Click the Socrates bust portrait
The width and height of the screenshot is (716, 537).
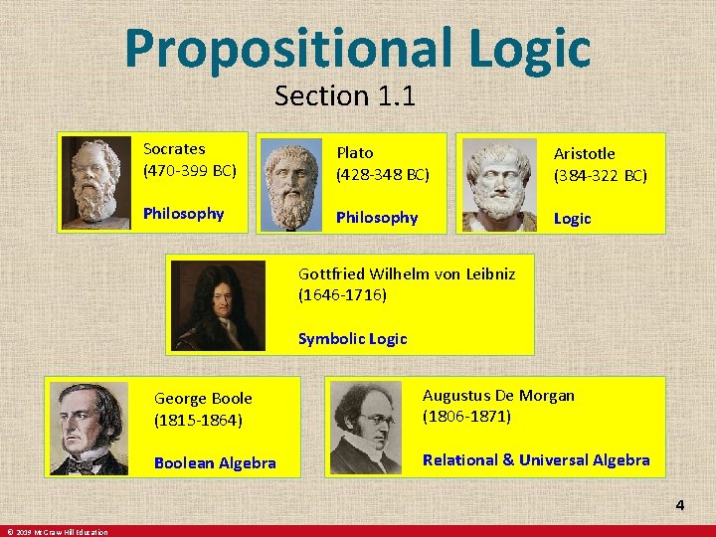(96, 183)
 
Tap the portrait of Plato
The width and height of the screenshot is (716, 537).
(293, 183)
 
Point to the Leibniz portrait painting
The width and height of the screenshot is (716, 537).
(219, 305)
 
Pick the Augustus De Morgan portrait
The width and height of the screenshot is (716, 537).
(367, 429)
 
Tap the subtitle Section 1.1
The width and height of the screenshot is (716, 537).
(344, 96)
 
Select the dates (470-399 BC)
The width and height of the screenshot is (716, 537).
(190, 170)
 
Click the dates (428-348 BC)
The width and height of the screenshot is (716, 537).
(383, 174)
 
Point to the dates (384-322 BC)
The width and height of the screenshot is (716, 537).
(601, 175)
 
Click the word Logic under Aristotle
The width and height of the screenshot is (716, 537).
(572, 219)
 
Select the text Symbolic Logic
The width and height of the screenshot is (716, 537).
(353, 338)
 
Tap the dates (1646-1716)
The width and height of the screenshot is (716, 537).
(342, 295)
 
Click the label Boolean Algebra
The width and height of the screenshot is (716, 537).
(215, 462)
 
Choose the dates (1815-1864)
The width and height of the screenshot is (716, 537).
(198, 420)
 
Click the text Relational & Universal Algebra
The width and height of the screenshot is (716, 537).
(536, 459)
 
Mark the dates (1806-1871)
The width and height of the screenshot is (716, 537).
(467, 416)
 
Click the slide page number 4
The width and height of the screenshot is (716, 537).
(680, 505)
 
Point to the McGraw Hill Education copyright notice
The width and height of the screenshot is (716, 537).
(57, 532)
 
